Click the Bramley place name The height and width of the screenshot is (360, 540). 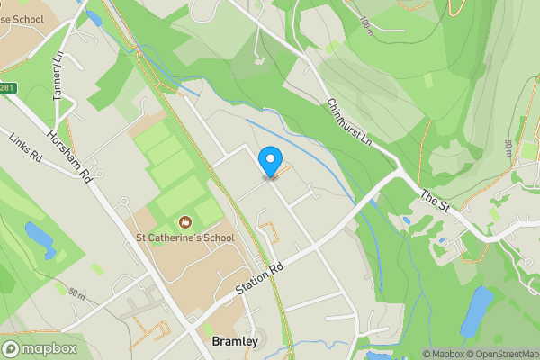[x=236, y=342]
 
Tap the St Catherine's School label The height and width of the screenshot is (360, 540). [x=184, y=238]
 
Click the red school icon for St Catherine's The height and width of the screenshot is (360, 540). [x=185, y=221]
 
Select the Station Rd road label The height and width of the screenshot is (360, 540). [x=260, y=279]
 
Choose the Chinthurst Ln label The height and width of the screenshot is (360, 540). [x=350, y=124]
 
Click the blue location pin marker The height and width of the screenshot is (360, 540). [x=269, y=162]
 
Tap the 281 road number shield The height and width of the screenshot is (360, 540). [x=7, y=86]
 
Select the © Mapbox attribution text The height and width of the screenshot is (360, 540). [x=445, y=354]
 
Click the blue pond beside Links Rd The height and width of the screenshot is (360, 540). [x=40, y=239]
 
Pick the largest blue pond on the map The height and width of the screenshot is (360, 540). [x=477, y=310]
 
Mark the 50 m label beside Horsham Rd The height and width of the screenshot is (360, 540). [x=76, y=294]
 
